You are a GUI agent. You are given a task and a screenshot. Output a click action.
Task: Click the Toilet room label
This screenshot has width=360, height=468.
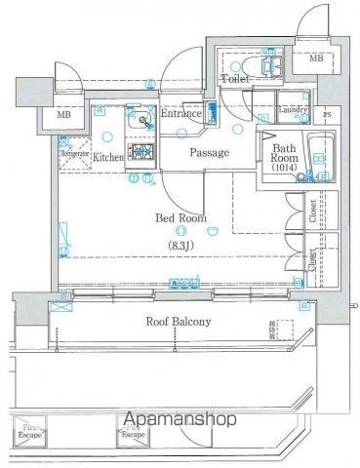(x=234, y=79)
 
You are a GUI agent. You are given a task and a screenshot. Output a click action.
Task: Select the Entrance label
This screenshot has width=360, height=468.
(x=181, y=114)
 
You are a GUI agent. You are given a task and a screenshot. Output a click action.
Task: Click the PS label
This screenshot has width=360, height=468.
(x=326, y=115)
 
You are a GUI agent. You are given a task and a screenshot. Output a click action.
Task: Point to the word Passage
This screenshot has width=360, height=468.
(x=209, y=153)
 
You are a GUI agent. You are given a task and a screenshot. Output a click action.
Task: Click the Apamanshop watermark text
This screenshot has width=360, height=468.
(x=181, y=422)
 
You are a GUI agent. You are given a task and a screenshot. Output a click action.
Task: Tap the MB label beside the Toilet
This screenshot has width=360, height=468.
(x=316, y=58)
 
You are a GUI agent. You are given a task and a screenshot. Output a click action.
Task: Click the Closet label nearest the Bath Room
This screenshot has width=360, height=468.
(x=312, y=214)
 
